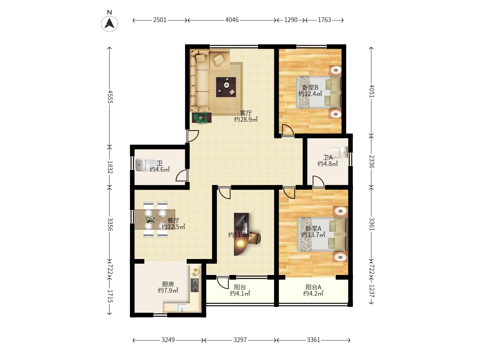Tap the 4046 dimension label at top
[x=232, y=20]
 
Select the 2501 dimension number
[x=160, y=20]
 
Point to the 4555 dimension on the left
[x=110, y=97]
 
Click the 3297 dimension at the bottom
[x=240, y=340]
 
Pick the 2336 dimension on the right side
[x=372, y=162]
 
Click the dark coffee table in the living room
[x=226, y=87]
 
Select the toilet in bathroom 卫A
[x=337, y=152]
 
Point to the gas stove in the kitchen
[x=195, y=285]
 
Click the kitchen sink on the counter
[x=181, y=308]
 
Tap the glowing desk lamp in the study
[x=241, y=243]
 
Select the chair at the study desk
[x=255, y=238]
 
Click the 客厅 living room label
[x=246, y=113]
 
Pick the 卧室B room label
[x=310, y=87]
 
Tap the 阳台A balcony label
[x=313, y=287]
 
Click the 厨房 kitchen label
[x=168, y=284]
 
